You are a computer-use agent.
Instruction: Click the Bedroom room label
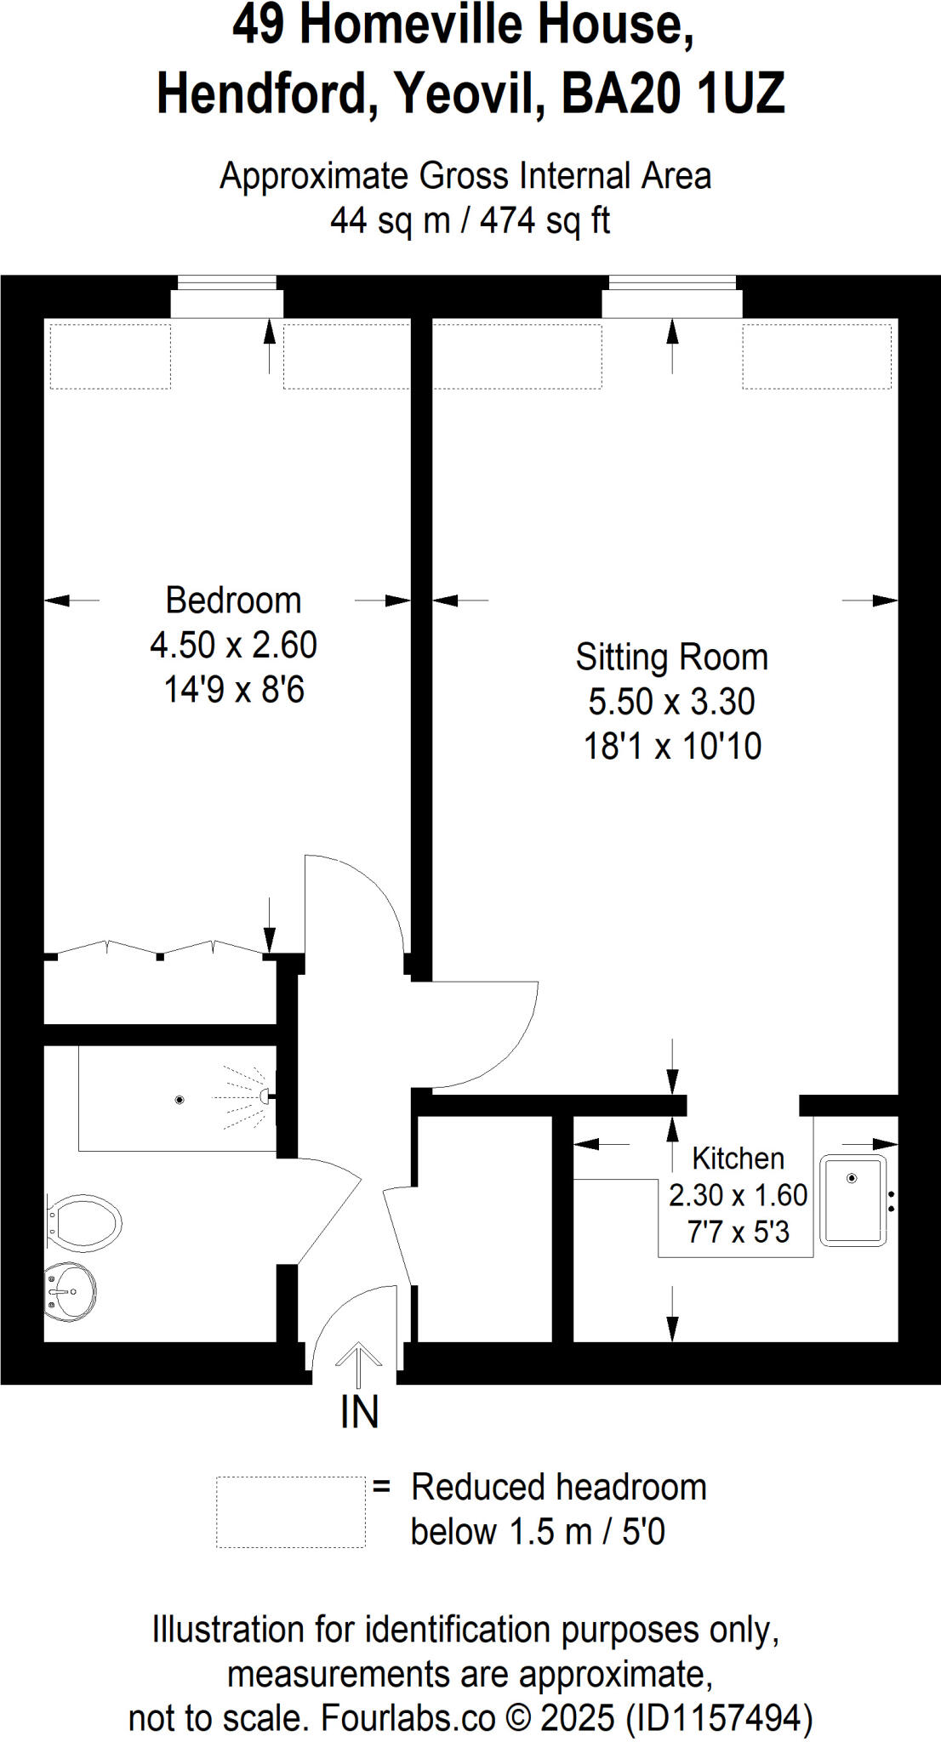[233, 601]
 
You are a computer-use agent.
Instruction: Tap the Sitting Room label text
[671, 658]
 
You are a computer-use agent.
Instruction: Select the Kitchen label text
[738, 1158]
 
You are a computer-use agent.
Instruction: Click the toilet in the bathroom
[85, 1222]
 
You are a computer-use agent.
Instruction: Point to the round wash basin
[71, 1292]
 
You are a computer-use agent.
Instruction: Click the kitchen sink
[853, 1200]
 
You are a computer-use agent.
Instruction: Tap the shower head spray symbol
[247, 1097]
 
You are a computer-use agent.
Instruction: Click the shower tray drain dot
[180, 1100]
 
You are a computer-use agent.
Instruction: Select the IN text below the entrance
[359, 1412]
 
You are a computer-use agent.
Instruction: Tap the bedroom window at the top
[227, 283]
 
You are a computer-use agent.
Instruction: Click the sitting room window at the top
[672, 283]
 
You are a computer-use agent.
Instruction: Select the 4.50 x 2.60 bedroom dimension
[233, 646]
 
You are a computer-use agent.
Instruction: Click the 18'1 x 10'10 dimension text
[672, 747]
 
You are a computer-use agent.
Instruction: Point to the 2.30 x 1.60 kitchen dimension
[738, 1195]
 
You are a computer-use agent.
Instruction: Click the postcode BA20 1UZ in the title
[672, 93]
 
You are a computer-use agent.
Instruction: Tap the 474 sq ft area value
[545, 220]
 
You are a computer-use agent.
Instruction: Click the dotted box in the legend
[290, 1511]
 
